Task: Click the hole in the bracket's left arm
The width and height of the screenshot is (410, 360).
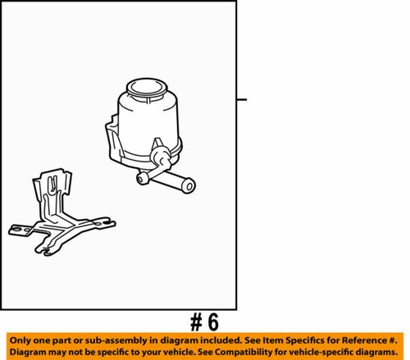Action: click(17, 227)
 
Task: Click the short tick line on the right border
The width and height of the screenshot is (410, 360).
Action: click(241, 99)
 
